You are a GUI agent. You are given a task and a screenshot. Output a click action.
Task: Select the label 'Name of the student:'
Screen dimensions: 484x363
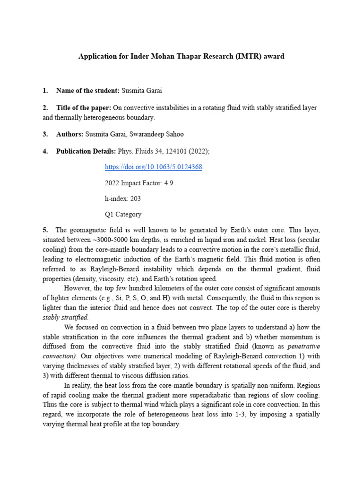[x=87, y=90]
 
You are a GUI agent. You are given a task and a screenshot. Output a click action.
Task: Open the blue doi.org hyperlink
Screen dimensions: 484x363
[x=154, y=167]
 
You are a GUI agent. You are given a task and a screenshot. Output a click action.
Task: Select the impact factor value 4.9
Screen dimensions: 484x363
[x=168, y=183]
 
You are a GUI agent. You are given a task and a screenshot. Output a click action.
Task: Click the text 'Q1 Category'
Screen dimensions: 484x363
[x=123, y=214]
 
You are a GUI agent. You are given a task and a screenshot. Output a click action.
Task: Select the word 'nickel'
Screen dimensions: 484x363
[x=258, y=240]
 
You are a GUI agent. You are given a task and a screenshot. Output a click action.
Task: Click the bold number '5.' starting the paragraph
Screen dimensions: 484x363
[x=45, y=230]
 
